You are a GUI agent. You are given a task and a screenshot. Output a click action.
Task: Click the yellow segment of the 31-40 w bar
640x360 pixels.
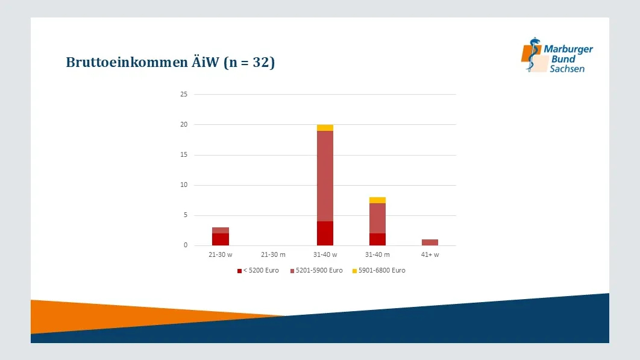coord(325,128)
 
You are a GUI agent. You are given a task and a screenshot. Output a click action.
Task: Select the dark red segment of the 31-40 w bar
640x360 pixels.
coord(325,233)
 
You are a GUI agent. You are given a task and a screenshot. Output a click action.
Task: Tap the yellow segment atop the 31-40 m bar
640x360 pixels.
coord(377,200)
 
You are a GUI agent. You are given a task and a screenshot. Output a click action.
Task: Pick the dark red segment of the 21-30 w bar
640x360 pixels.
coord(221,239)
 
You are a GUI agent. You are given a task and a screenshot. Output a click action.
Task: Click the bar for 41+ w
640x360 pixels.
coord(430,242)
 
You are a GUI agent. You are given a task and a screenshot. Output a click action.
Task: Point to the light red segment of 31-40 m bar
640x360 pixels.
coord(377,218)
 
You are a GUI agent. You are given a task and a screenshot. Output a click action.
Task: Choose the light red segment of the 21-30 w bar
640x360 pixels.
coord(221,230)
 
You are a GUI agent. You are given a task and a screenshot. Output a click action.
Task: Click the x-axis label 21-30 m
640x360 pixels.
coord(273,254)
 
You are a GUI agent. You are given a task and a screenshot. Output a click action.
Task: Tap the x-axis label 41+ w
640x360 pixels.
coord(430,254)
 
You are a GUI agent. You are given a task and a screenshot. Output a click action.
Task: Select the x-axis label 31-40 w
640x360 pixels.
coord(325,254)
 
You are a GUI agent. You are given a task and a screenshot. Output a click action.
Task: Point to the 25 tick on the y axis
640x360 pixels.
coord(184,95)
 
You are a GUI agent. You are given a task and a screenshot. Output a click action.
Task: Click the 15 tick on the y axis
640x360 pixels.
coord(184,154)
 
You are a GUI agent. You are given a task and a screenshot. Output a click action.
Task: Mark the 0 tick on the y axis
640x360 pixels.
coord(186,245)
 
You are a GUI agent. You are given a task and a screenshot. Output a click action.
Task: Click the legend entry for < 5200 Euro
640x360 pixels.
coord(258,271)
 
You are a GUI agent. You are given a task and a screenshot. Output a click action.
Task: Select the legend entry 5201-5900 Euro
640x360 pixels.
coord(316,271)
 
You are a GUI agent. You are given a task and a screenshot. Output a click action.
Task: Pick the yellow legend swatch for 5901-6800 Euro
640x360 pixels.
coord(355,271)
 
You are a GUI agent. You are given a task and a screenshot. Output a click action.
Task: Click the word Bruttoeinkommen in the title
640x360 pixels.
coord(127,62)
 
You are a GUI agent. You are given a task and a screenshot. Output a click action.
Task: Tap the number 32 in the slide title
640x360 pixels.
coord(261,62)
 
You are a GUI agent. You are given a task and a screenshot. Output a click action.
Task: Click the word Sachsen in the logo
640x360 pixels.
coord(567,69)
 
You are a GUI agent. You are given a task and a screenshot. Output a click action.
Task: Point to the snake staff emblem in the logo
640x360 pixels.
coord(532,55)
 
